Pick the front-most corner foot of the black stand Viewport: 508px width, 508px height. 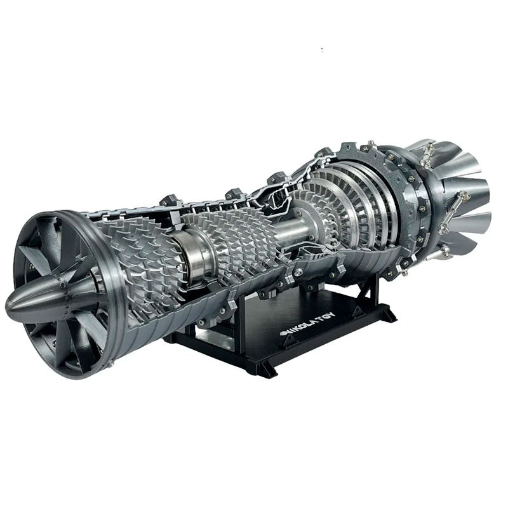point(264,368)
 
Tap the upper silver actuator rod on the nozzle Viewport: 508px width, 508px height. point(427,152)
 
